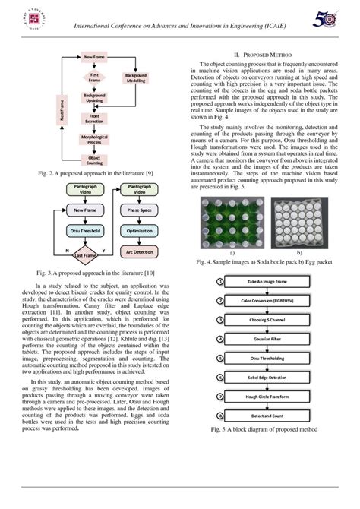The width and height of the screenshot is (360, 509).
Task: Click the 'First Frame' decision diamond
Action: pyautogui.click(x=95, y=77)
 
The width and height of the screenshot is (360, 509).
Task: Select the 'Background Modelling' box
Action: pyautogui.click(x=136, y=78)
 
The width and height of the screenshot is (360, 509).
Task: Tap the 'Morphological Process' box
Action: pyautogui.click(x=95, y=139)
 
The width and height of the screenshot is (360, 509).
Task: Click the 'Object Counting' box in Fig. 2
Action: pyautogui.click(x=95, y=160)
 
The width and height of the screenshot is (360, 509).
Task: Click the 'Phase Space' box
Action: pyautogui.click(x=139, y=209)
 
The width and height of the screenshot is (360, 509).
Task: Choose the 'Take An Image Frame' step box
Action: pyautogui.click(x=265, y=282)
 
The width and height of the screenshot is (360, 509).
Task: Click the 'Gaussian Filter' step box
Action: pyautogui.click(x=265, y=338)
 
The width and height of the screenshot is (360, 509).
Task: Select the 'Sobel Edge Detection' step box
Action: pyautogui.click(x=265, y=377)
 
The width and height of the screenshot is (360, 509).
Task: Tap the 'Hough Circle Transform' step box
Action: pyautogui.click(x=265, y=396)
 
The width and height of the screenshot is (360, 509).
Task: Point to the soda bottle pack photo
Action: pyautogui.click(x=232, y=223)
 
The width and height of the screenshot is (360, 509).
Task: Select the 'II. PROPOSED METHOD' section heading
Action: pyautogui.click(x=262, y=55)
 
